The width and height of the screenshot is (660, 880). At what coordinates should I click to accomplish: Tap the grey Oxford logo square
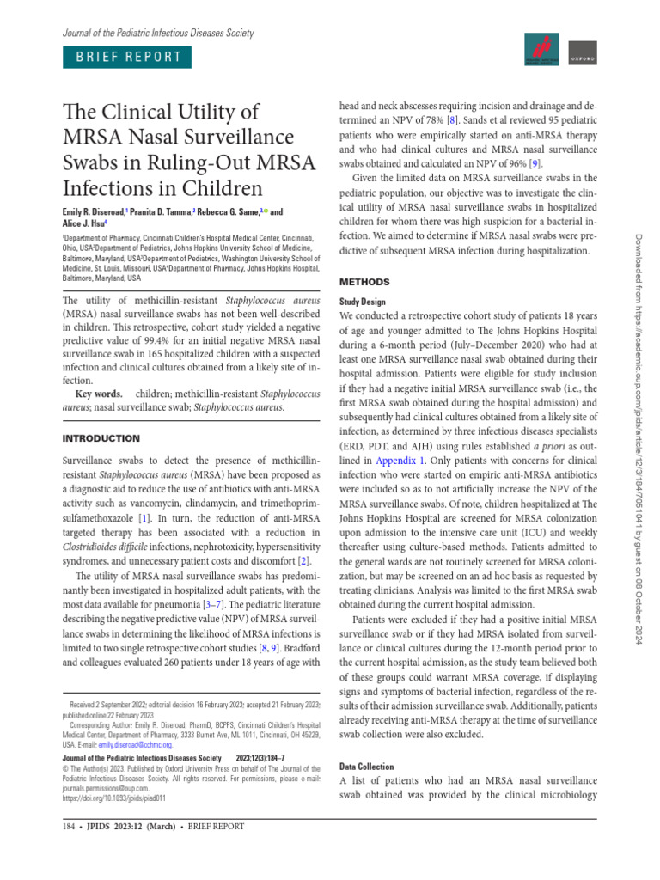point(584,52)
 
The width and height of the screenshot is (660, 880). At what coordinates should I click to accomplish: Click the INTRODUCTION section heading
point(101,438)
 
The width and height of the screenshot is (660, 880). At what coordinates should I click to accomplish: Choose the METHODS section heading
point(365,282)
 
